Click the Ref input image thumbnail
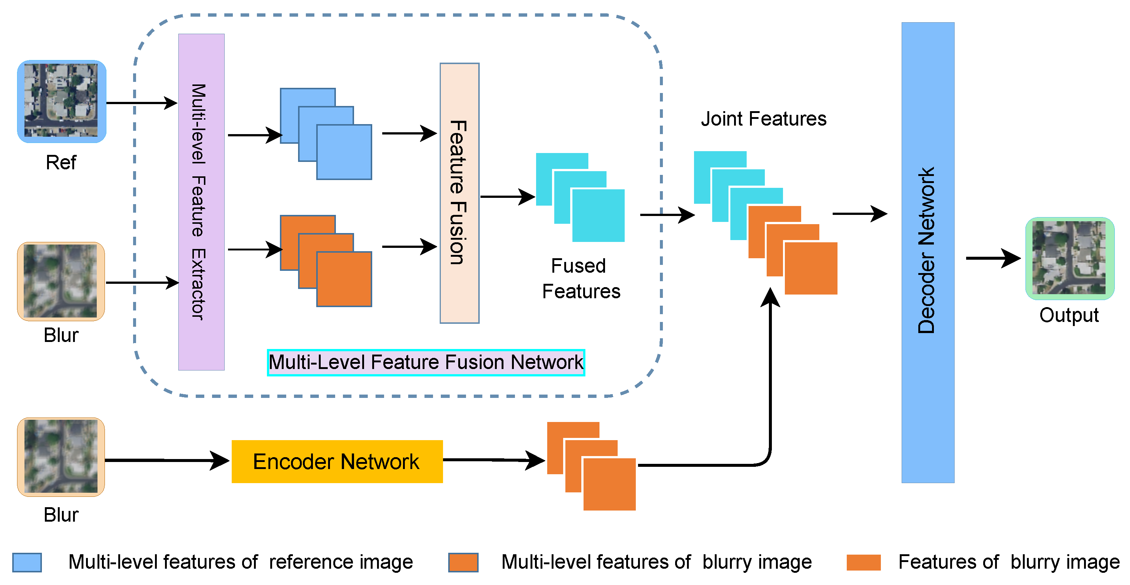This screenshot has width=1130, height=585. click(x=62, y=101)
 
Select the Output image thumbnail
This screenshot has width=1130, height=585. click(x=1070, y=258)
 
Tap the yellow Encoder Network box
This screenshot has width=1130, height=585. click(x=337, y=461)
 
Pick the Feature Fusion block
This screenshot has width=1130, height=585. click(x=459, y=193)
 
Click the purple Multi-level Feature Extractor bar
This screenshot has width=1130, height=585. click(x=201, y=202)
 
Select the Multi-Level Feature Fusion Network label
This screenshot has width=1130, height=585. click(x=426, y=362)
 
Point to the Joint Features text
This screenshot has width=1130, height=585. click(x=763, y=119)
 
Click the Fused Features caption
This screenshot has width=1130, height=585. click(x=580, y=279)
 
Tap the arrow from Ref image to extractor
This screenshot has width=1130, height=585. click(x=141, y=103)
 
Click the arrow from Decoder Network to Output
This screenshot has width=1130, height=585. click(x=992, y=258)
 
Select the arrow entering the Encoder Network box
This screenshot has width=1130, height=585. click(x=167, y=461)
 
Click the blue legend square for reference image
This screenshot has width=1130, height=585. click(x=27, y=562)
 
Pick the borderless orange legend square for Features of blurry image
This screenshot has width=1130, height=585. click(x=863, y=562)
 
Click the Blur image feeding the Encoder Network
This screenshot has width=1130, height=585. click(x=61, y=456)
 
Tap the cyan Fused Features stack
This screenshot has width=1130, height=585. click(x=580, y=197)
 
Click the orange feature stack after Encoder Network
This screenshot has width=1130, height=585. click(x=591, y=466)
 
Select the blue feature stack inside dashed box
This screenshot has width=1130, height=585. click(x=326, y=134)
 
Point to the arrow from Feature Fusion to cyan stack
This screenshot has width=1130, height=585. click(x=507, y=197)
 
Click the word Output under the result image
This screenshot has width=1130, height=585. click(x=1068, y=315)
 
